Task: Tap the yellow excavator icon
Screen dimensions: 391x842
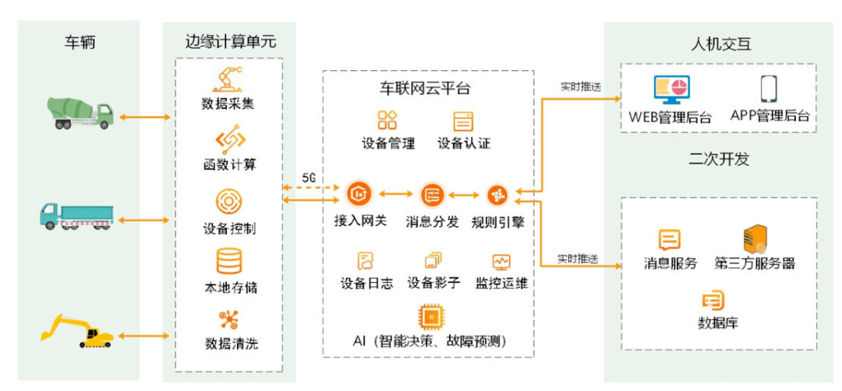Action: [x=77, y=330]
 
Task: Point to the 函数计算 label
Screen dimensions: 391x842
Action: [x=228, y=165]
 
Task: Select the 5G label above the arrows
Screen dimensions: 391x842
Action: [x=309, y=178]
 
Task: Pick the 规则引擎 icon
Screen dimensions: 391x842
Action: [x=497, y=195]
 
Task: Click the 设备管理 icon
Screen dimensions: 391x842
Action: [x=388, y=120]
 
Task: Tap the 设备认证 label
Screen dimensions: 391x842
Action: [x=464, y=143]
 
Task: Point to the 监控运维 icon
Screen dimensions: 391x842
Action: [x=501, y=261]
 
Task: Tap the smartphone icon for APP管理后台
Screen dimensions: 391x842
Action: [x=770, y=90]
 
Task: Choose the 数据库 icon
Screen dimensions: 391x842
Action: [x=713, y=300]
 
